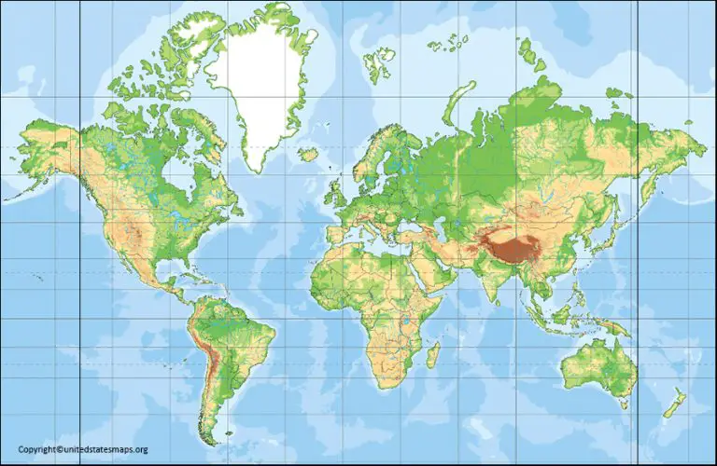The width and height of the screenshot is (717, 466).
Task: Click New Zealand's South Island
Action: [669, 408]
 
